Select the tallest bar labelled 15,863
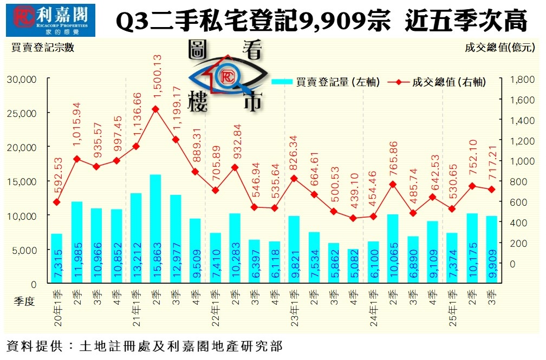click(x=155, y=228)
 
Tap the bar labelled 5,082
click(x=353, y=266)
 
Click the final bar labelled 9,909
click(x=491, y=249)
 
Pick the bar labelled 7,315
click(x=57, y=258)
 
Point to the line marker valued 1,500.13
click(x=155, y=109)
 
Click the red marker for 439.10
click(x=353, y=218)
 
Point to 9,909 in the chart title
click(x=333, y=21)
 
